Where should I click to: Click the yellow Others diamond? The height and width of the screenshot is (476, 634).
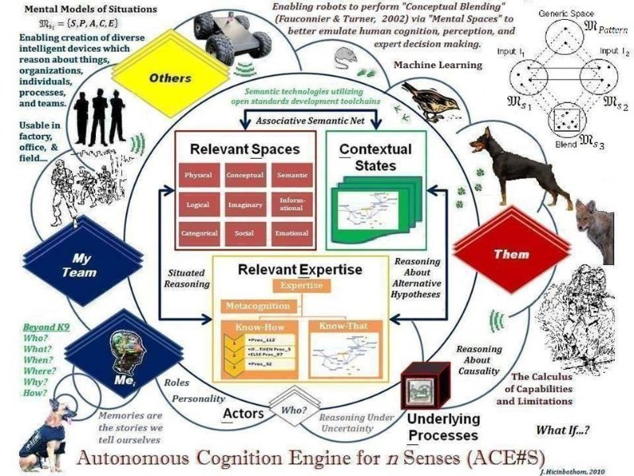170,78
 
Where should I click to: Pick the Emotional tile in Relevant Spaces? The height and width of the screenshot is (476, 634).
292,233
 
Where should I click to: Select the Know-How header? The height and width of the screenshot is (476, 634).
259,326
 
